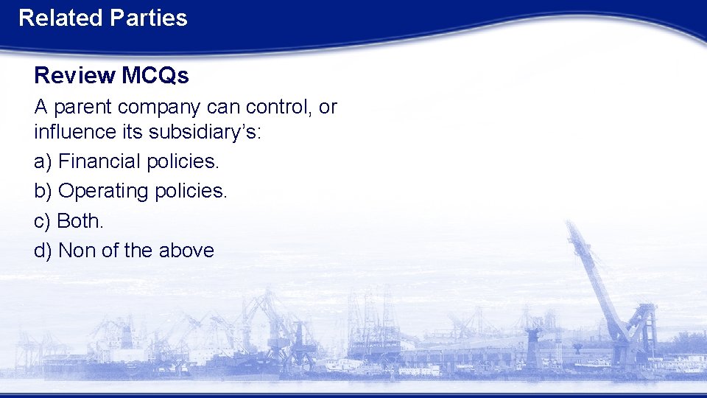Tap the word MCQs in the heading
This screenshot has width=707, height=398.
click(155, 75)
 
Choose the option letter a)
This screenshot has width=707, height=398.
click(43, 161)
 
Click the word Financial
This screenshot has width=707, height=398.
click(100, 161)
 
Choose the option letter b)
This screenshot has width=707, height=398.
click(43, 191)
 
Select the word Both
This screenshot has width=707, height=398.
click(80, 220)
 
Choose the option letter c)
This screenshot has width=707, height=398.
click(42, 220)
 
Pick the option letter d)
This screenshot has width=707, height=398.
click(43, 251)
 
